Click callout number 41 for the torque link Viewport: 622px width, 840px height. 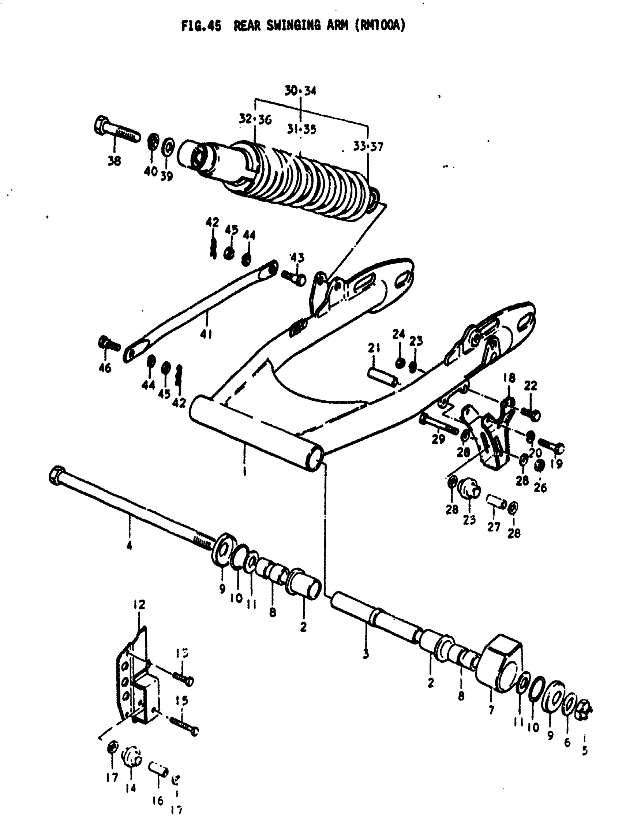pos(206,334)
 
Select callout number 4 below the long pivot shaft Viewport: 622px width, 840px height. pos(129,545)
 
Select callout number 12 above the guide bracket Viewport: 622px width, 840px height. pos(139,605)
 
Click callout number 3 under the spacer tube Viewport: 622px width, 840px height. pos(366,654)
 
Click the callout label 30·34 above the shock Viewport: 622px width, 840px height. pos(300,91)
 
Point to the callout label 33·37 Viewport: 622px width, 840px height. pos(368,146)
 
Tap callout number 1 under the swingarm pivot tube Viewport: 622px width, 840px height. pos(245,470)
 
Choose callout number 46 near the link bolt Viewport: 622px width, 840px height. pos(105,367)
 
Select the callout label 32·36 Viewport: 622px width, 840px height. pos(255,119)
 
